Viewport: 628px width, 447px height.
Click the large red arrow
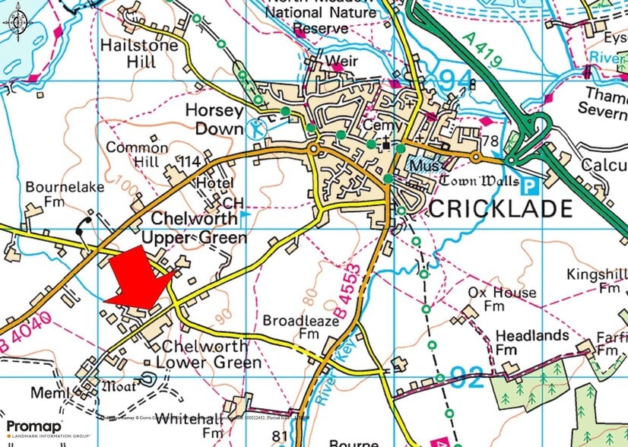click(140, 280)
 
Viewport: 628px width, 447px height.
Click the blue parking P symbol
click(530, 182)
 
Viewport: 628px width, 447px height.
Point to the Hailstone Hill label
click(139, 53)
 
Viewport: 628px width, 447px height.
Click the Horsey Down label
click(214, 119)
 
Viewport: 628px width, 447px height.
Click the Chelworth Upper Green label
click(199, 228)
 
